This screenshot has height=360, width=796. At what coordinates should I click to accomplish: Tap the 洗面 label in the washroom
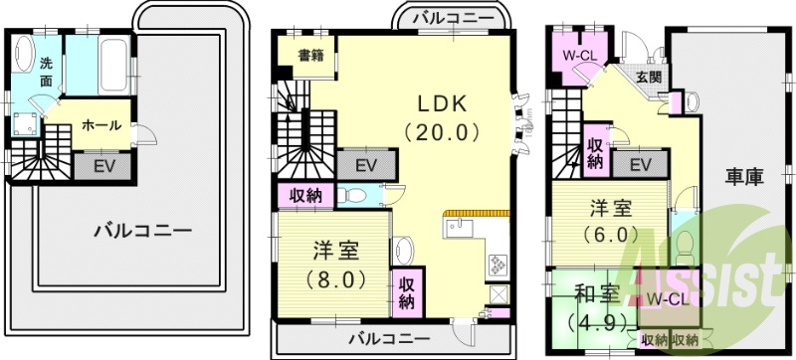coord(46,73)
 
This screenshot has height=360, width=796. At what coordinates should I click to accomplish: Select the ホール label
coord(101,126)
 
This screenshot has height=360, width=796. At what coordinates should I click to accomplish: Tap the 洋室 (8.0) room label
coord(335,265)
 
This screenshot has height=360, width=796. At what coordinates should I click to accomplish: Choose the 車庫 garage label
coord(743,178)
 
